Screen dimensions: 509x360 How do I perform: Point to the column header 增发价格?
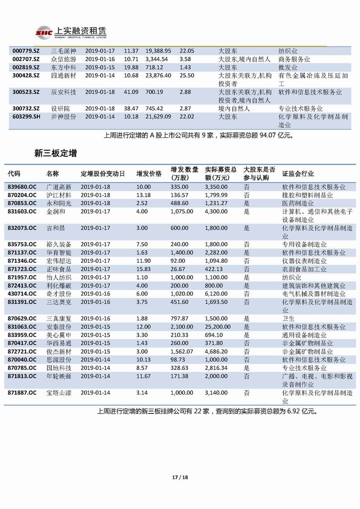(x=149, y=174)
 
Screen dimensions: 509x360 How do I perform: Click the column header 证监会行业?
(x=298, y=174)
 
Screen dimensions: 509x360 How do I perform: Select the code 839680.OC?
(x=22, y=187)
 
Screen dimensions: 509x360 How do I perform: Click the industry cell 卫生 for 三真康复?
(x=288, y=318)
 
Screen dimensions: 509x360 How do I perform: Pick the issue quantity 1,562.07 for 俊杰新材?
(x=181, y=351)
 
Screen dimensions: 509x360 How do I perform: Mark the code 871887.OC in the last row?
(x=22, y=393)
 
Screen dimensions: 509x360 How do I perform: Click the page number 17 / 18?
(x=180, y=478)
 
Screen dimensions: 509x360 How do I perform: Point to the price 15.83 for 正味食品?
(x=144, y=269)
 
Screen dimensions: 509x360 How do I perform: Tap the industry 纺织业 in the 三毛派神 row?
(x=288, y=51)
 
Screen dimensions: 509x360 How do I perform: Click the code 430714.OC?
(x=22, y=294)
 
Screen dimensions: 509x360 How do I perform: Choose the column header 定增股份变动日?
(x=101, y=174)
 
